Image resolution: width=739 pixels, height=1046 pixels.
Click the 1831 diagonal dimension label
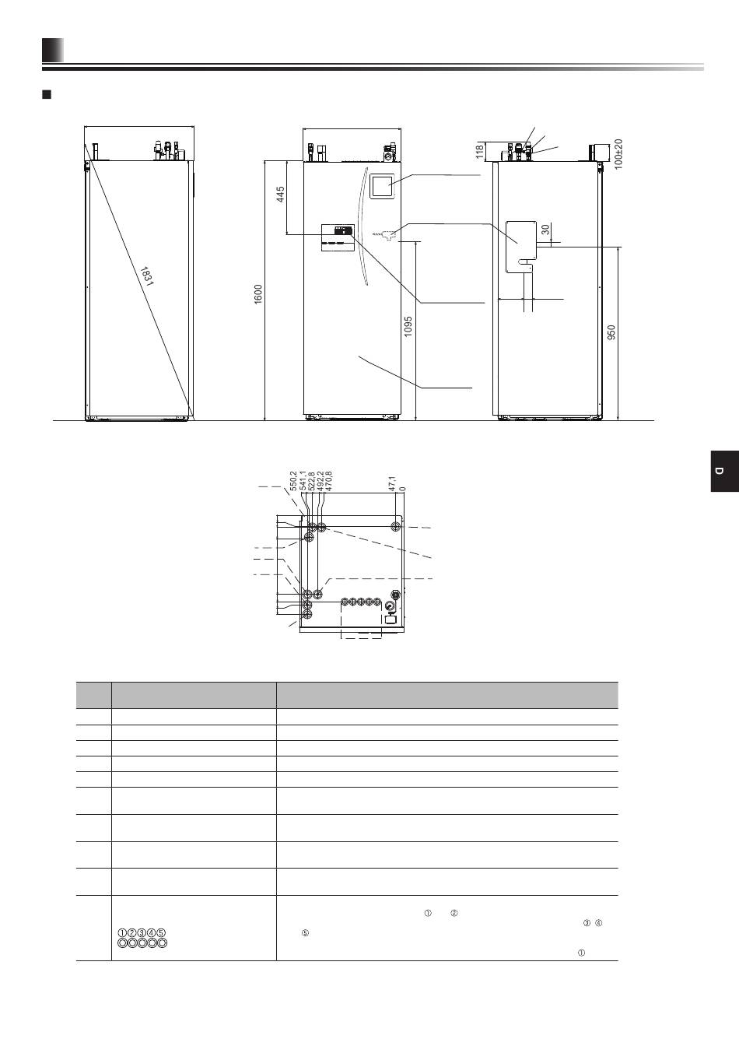[x=146, y=276]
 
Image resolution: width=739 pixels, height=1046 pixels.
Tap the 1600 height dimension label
[x=258, y=294]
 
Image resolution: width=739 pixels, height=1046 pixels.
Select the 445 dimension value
[x=281, y=195]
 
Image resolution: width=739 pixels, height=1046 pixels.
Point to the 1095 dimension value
[x=408, y=326]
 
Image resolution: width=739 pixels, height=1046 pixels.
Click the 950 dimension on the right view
[x=611, y=332]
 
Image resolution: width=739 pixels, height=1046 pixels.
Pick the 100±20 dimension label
[x=618, y=154]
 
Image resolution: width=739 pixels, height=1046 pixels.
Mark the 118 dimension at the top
[x=480, y=152]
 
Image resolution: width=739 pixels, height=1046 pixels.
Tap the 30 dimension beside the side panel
[x=545, y=230]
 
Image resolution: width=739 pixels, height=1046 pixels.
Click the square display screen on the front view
[x=381, y=186]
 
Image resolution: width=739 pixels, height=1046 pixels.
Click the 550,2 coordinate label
[x=293, y=480]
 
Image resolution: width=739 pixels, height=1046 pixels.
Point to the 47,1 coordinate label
[x=392, y=483]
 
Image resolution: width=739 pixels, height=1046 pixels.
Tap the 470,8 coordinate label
[x=328, y=480]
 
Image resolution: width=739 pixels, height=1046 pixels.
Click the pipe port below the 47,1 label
[x=397, y=527]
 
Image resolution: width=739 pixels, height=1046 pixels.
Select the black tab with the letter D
[x=725, y=471]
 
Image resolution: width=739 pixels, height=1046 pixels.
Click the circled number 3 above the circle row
[x=142, y=932]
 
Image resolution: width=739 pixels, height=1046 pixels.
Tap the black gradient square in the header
[x=53, y=50]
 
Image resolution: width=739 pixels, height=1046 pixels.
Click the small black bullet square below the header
[x=46, y=95]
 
